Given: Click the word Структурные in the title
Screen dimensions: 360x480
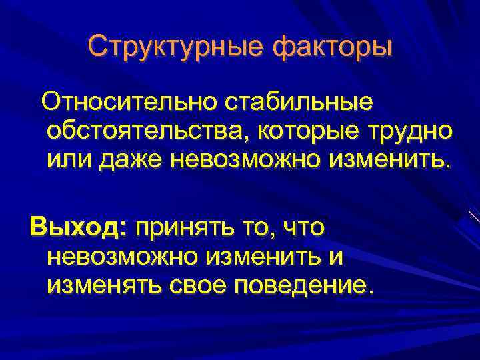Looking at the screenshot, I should (165, 46).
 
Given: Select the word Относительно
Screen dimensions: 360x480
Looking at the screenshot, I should (130, 103).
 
